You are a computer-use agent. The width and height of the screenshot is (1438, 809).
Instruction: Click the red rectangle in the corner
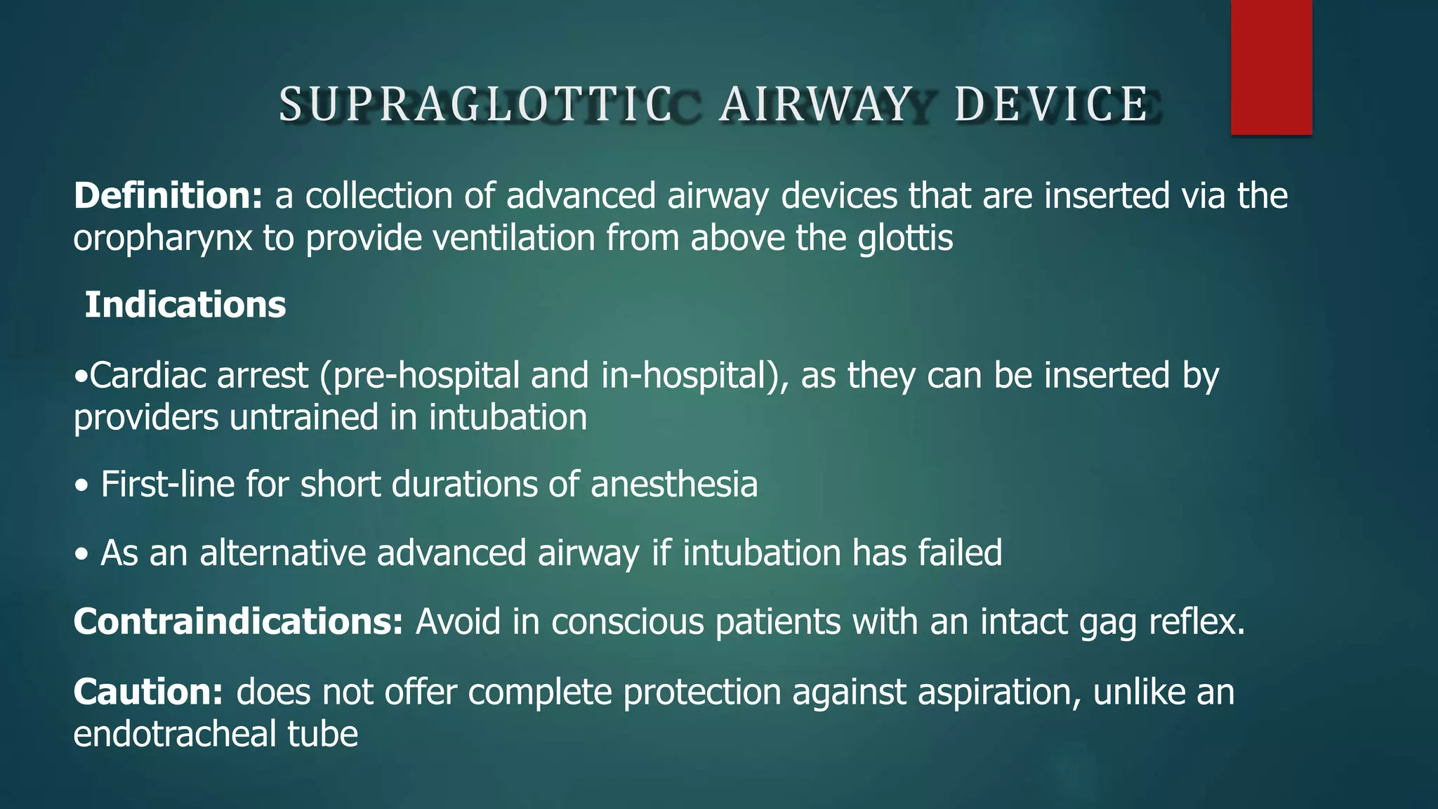1271,67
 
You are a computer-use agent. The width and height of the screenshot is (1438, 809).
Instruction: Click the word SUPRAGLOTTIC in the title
476,104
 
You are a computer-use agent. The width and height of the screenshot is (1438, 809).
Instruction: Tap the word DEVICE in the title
1051,104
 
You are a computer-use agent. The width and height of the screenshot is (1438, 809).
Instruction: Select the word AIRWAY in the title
816,104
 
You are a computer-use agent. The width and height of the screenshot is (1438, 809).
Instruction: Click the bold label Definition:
168,195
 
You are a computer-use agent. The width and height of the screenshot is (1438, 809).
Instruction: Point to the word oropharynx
162,239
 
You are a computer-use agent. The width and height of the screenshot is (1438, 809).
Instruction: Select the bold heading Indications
185,305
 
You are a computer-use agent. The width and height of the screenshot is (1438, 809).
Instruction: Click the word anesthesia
674,485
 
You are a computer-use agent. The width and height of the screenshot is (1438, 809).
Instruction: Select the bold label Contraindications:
238,621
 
